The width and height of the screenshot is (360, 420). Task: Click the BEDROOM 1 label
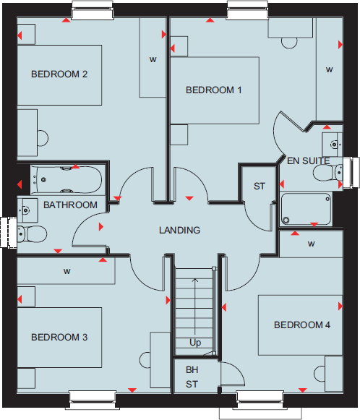coord(214,90)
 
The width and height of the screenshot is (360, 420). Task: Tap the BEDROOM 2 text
coord(59,74)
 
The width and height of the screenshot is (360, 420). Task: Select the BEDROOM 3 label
coord(59,337)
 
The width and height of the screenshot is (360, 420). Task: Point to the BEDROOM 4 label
coord(302,325)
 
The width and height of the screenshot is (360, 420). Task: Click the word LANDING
coord(180,231)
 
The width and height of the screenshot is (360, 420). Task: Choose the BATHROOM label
coord(70,205)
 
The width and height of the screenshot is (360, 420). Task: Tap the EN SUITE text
coord(308,160)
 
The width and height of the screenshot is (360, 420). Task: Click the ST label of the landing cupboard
coord(260,187)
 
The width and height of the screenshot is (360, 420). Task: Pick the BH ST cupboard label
coord(192,377)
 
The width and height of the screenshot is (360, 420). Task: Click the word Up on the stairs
coord(195,343)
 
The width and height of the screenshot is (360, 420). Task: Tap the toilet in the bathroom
coord(30,233)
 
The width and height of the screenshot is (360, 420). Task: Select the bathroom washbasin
coord(26,209)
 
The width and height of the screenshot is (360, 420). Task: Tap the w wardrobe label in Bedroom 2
coord(153,59)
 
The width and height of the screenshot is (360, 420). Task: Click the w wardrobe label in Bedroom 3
coord(67,272)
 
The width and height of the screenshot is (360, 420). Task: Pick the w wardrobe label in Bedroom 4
coord(312,244)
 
